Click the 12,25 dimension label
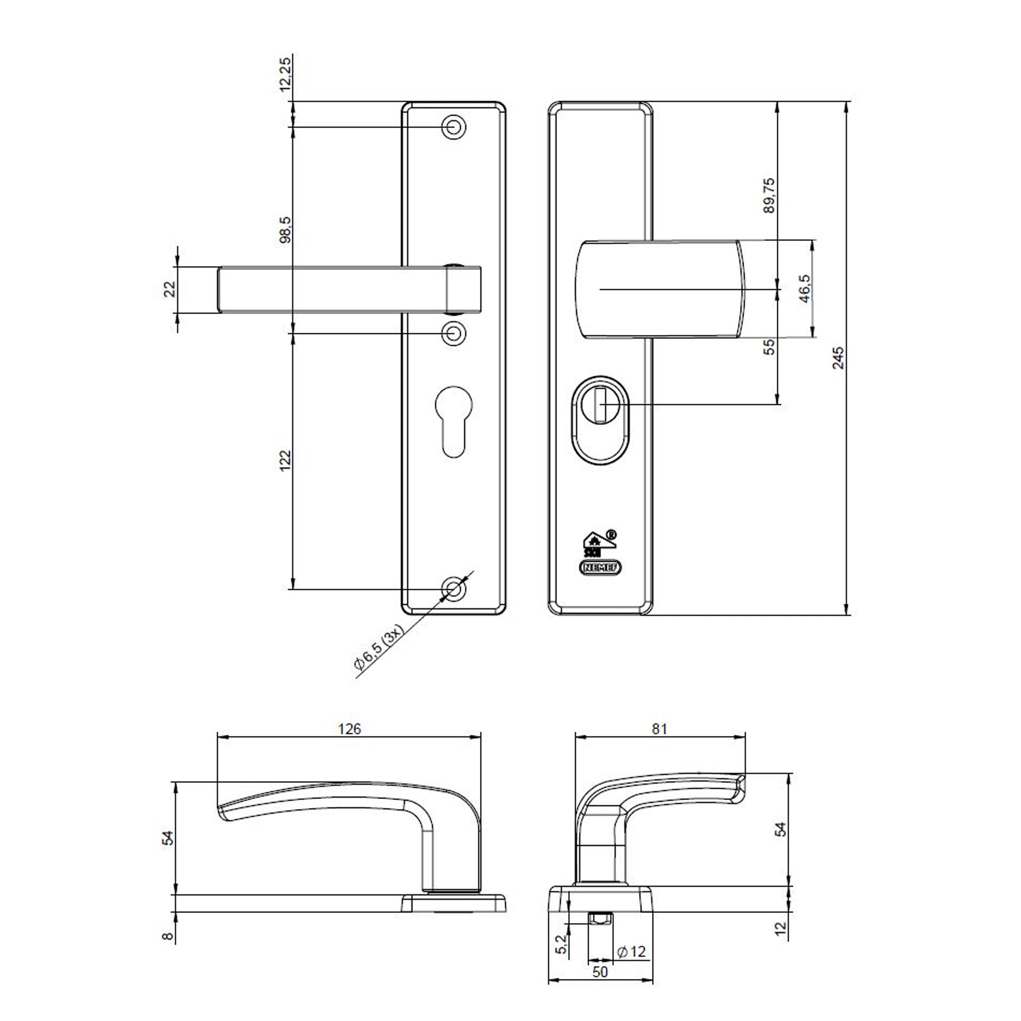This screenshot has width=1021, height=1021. pos(285,74)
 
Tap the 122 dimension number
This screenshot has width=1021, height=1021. pos(285,460)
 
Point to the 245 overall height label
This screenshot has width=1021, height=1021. pos(838,358)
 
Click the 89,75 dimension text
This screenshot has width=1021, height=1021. pos(769,195)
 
